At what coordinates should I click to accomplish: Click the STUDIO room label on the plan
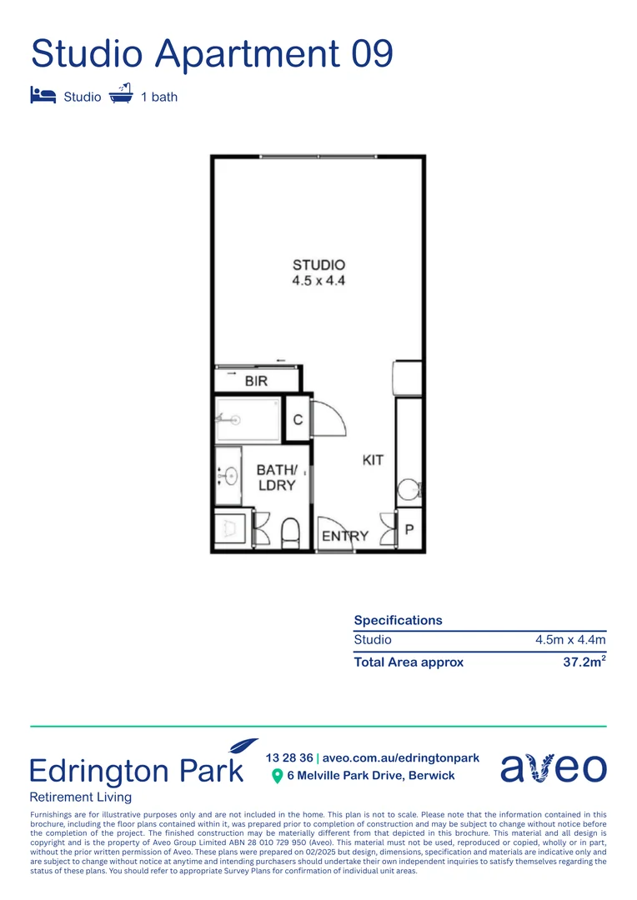point(318,266)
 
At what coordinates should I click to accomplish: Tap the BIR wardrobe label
point(257,382)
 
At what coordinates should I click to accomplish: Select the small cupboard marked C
point(298,419)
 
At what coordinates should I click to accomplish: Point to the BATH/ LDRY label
point(276,477)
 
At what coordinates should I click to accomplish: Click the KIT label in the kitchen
point(373,460)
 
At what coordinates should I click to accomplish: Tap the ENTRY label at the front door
point(345,536)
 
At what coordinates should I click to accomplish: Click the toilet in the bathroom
point(291,531)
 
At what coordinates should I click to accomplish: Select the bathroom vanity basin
point(229,476)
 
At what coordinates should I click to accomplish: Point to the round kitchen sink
point(409,490)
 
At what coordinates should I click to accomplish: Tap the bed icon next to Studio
point(43,95)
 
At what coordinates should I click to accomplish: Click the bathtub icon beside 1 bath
point(122,93)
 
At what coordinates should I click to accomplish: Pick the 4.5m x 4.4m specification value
point(570,640)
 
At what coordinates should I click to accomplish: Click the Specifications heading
point(398,620)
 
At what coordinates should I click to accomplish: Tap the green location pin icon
point(278,776)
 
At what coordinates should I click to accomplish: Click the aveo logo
point(553,767)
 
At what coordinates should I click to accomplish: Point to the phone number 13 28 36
point(289,757)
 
